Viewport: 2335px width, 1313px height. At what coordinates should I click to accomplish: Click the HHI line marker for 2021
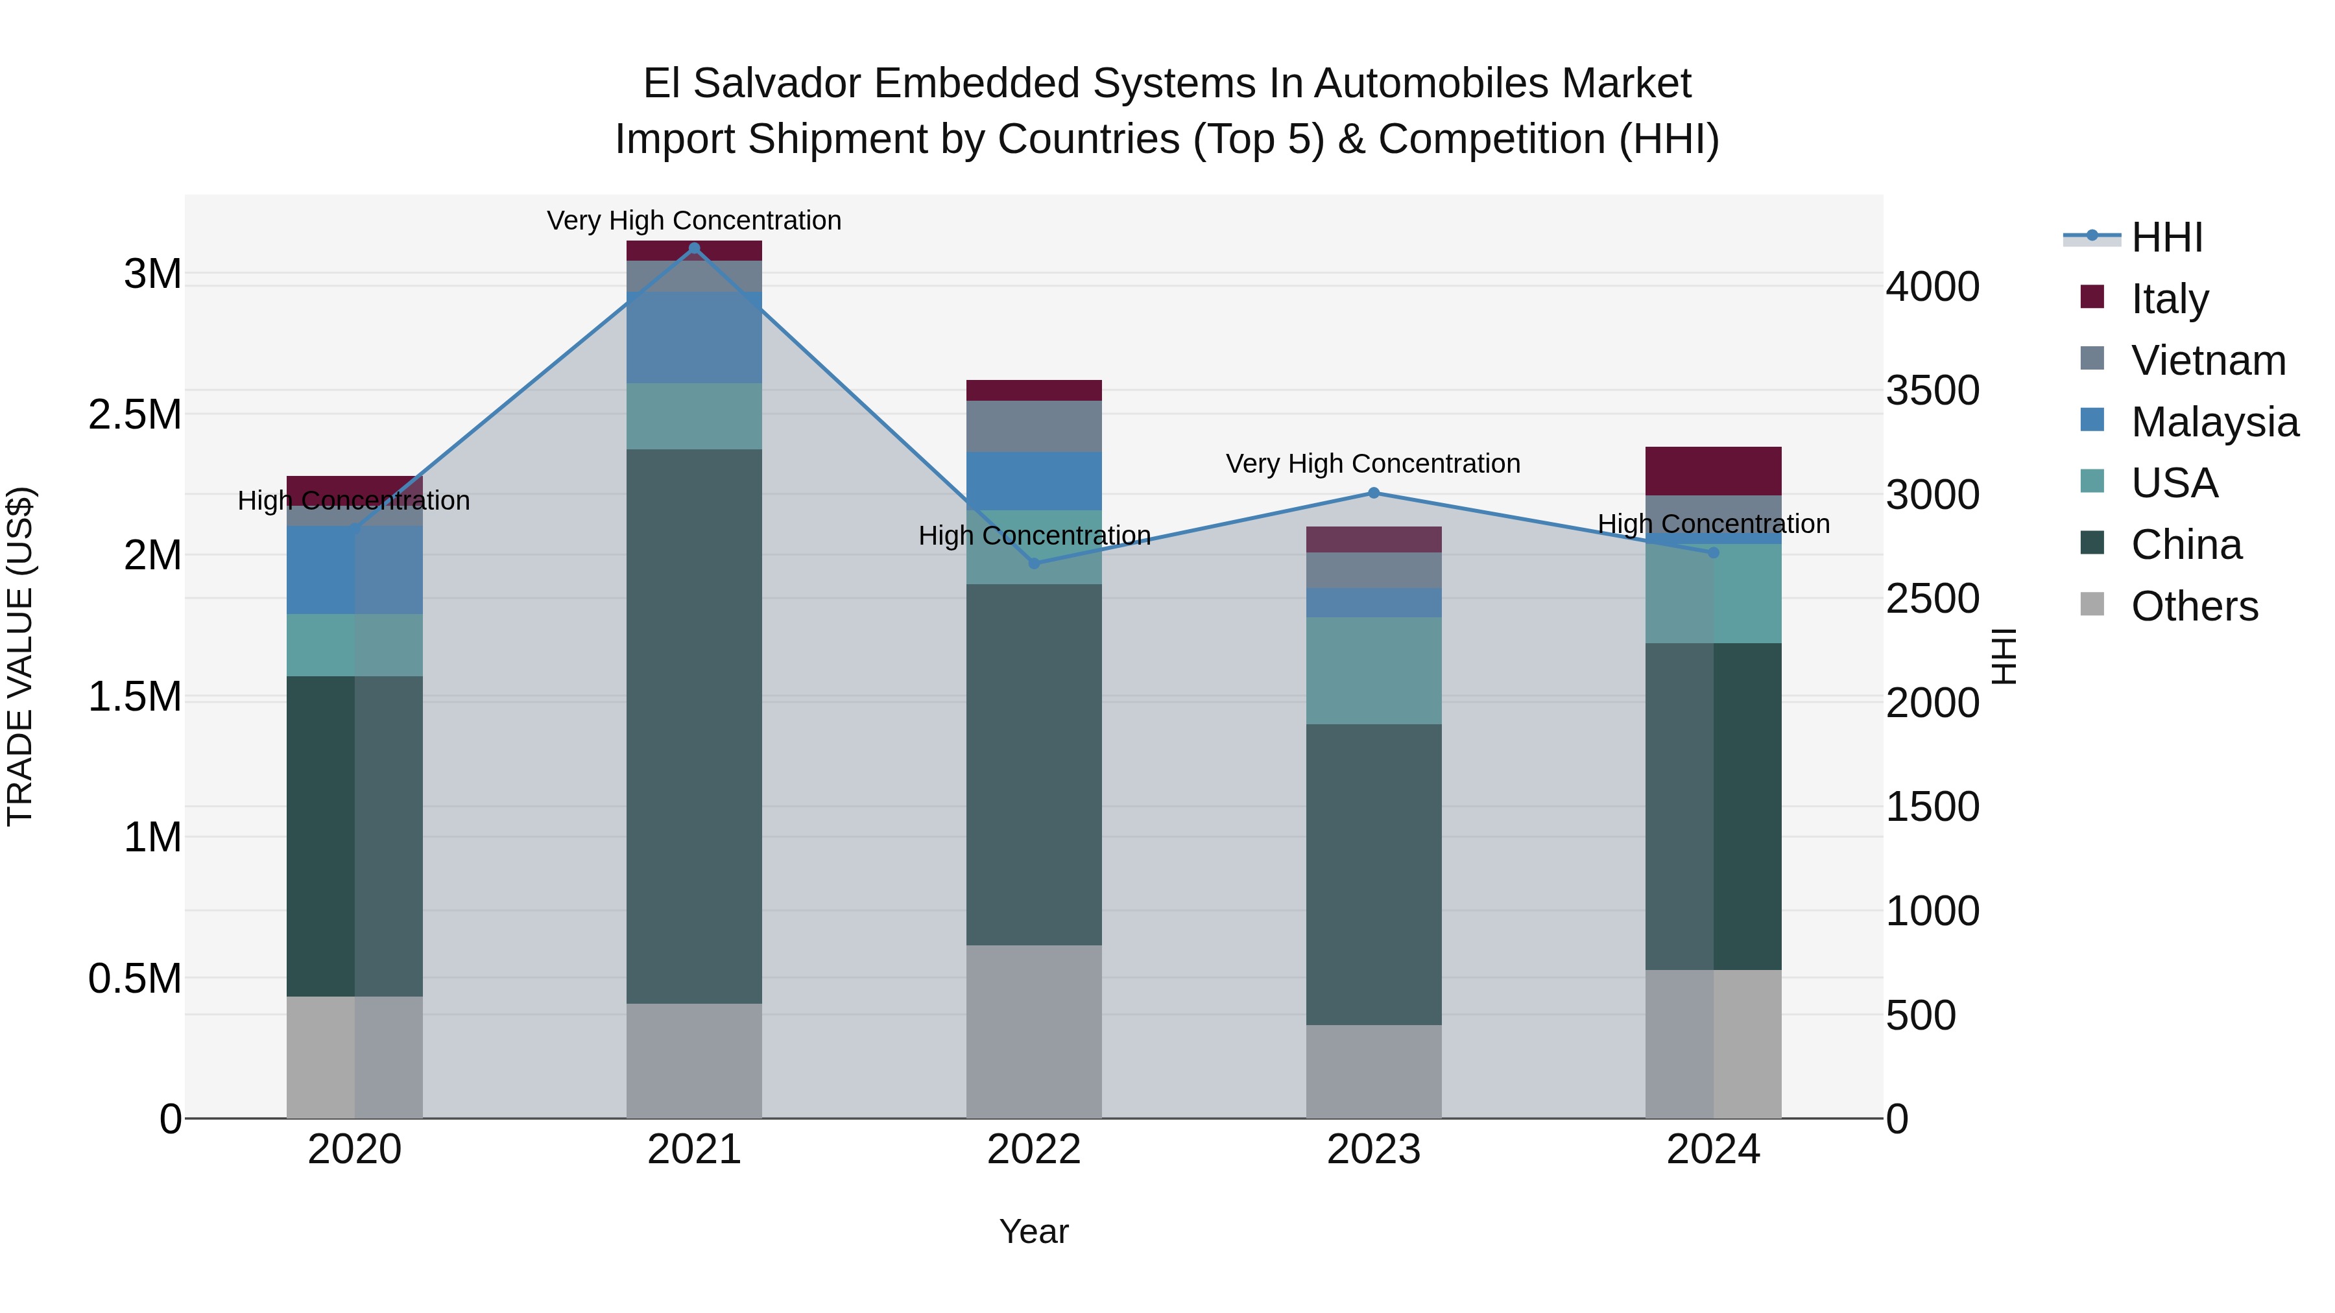tap(694, 248)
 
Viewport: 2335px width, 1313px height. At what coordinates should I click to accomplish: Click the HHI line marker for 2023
tap(1373, 493)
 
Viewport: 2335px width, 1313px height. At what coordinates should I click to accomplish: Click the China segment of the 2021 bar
tap(694, 725)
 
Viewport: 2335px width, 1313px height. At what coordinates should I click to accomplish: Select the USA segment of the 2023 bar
tap(1373, 670)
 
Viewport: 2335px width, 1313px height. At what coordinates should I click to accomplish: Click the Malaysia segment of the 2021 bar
tap(694, 337)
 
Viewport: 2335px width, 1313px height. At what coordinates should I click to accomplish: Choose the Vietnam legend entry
tap(2208, 361)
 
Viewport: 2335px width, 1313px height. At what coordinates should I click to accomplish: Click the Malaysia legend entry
tap(2214, 422)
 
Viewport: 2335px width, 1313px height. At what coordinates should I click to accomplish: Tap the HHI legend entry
tap(2166, 237)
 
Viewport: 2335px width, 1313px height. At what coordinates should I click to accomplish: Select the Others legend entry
tap(2194, 606)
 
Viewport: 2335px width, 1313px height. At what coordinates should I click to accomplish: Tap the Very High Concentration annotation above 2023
tap(1373, 464)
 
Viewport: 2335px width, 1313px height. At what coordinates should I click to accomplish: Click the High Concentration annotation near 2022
tap(1035, 536)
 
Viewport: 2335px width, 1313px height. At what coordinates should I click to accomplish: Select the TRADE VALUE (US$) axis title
tap(20, 656)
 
